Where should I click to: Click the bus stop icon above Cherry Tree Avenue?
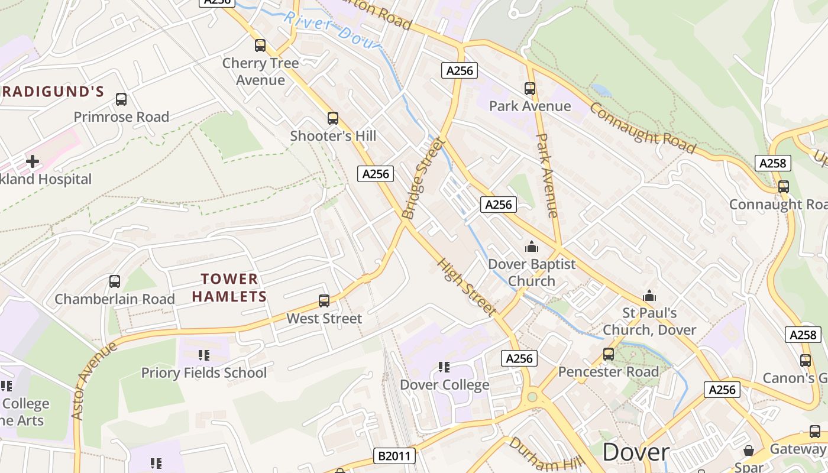(x=260, y=46)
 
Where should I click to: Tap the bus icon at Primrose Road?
(x=121, y=99)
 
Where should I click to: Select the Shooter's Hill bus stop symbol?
(x=333, y=118)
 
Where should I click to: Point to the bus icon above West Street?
(x=324, y=301)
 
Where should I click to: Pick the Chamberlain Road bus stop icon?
(x=115, y=281)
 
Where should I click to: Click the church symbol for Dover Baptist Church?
(x=532, y=247)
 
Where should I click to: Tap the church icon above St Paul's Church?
(x=649, y=295)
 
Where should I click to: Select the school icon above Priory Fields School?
(x=204, y=355)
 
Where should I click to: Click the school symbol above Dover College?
(x=444, y=367)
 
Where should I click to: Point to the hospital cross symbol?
(x=33, y=161)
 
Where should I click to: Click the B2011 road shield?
(x=395, y=456)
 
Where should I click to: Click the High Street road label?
(x=467, y=286)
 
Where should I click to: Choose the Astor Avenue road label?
(x=94, y=381)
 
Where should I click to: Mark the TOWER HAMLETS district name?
(x=229, y=287)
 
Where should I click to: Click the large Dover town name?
(x=636, y=452)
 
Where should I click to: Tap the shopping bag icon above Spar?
(x=749, y=451)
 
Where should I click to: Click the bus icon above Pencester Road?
(x=609, y=354)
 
